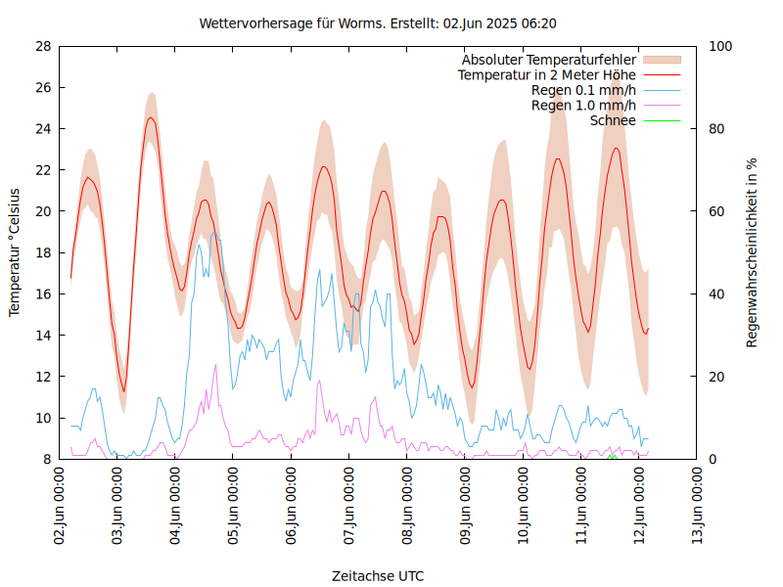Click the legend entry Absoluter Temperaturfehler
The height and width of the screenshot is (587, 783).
(548, 60)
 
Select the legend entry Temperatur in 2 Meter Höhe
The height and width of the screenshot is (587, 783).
(546, 74)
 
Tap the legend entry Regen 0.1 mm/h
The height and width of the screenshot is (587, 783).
(583, 90)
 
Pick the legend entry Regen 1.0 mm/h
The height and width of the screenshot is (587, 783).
(583, 105)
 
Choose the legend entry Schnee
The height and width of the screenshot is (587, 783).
(613, 120)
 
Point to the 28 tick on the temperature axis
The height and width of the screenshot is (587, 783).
(43, 46)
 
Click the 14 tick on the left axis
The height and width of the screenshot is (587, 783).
(43, 336)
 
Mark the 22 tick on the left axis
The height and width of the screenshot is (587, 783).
(43, 170)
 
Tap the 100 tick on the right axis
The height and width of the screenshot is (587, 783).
(719, 46)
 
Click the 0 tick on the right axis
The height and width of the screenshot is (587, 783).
(713, 459)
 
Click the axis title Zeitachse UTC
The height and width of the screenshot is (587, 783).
(378, 576)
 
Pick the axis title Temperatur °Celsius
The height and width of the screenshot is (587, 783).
(15, 252)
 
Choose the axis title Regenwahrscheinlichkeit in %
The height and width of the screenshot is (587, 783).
(753, 252)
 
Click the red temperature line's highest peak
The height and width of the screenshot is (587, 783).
(151, 118)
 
